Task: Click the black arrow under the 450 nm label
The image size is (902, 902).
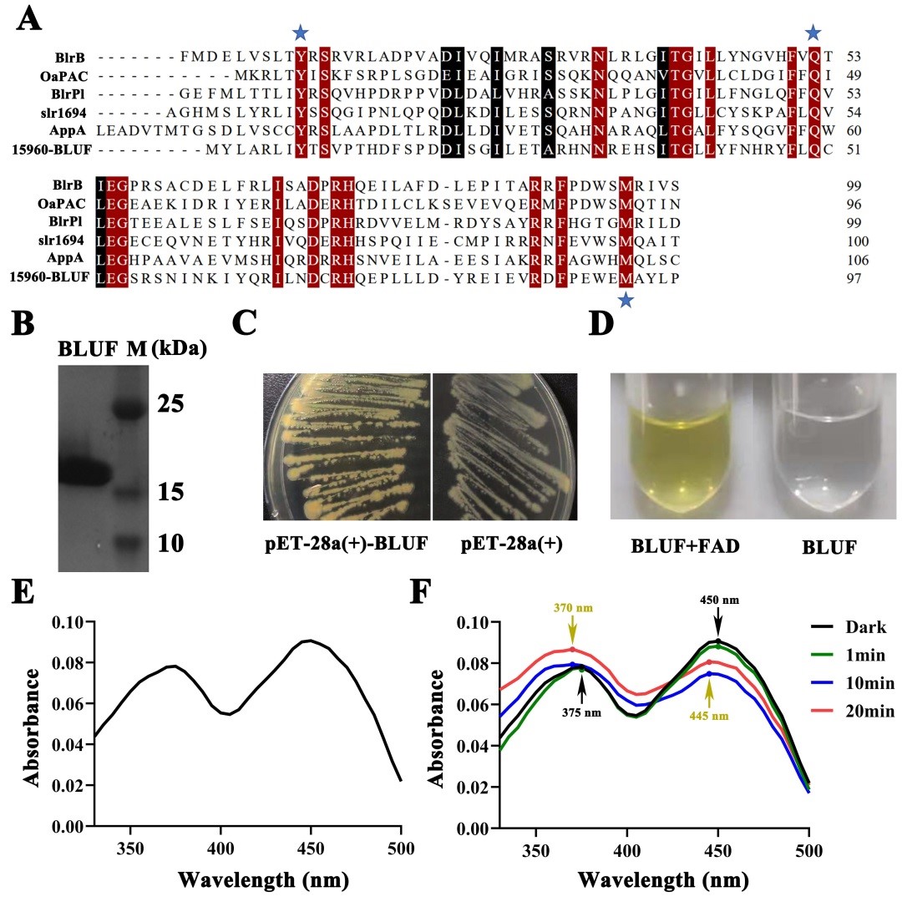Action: [x=717, y=623]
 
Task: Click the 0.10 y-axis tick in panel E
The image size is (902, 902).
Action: [x=70, y=622]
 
